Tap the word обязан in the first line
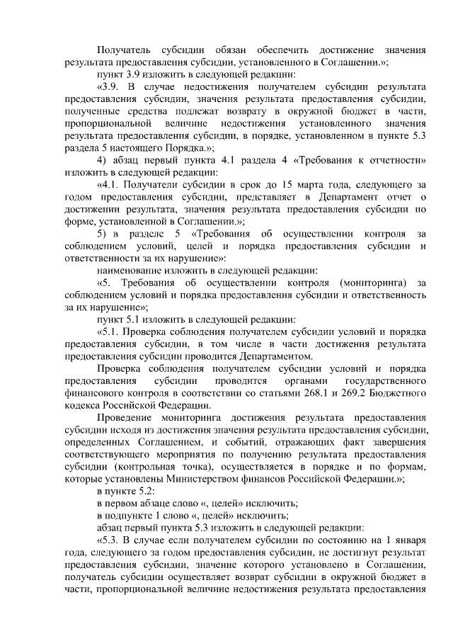coord(231,50)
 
